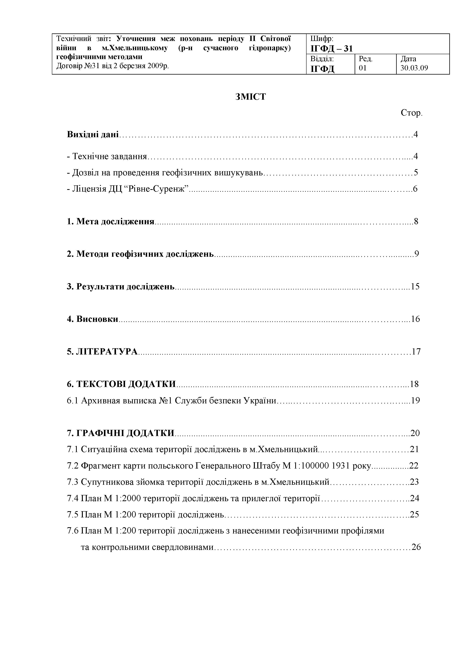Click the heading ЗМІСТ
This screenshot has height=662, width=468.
click(x=251, y=97)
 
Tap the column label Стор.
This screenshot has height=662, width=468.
click(x=411, y=113)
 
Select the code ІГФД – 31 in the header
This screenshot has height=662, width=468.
click(x=331, y=49)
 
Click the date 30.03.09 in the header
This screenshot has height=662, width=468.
click(x=414, y=68)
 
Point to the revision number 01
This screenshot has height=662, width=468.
click(x=363, y=68)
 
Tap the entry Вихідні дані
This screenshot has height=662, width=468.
click(x=92, y=134)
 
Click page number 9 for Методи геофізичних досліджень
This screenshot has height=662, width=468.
click(x=417, y=254)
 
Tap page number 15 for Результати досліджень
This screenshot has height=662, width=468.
click(x=415, y=287)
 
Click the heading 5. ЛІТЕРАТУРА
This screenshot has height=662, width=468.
click(x=102, y=352)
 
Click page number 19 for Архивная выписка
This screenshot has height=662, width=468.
click(x=415, y=401)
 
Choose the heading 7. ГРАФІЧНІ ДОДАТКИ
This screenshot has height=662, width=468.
click(x=121, y=433)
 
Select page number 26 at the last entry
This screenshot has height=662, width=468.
click(x=416, y=547)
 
